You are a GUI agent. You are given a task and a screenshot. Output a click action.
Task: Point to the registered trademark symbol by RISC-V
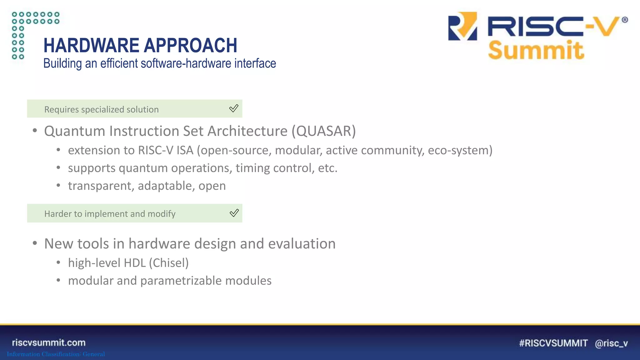[624, 20]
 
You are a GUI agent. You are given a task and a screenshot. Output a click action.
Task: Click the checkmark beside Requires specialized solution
[233, 108]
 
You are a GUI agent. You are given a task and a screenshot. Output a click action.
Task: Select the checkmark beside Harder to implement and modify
[234, 213]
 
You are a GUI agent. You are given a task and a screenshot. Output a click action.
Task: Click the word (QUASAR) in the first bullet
[323, 131]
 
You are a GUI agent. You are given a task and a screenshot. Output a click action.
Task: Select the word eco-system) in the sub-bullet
[460, 150]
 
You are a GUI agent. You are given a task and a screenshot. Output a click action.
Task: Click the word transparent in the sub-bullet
[101, 186]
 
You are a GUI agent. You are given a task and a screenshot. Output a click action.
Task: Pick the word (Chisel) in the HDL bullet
[169, 263]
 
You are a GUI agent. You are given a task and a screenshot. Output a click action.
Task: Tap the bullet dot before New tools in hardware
[35, 243]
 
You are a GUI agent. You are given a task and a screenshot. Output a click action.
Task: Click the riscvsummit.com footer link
[49, 342]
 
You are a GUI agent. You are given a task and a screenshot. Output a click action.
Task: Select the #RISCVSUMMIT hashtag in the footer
[553, 343]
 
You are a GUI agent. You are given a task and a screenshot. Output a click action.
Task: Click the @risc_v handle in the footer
[611, 343]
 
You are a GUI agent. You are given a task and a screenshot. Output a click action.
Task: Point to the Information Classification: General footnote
[56, 354]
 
